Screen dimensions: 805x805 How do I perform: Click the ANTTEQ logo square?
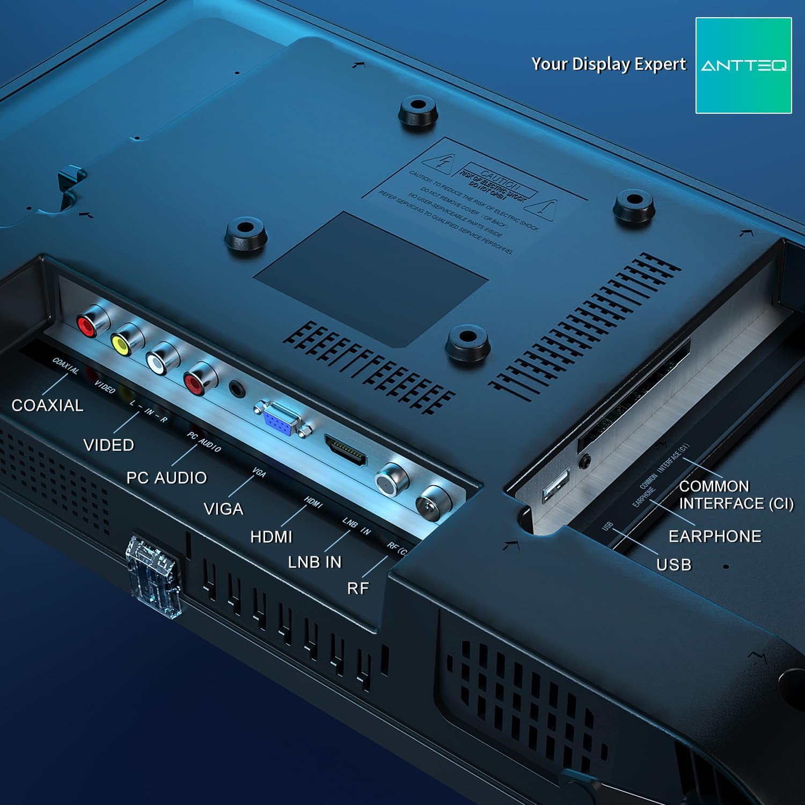743,65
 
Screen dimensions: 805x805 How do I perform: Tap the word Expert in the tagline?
660,64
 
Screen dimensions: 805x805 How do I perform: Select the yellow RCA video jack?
121,344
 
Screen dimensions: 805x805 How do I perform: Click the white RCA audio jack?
157,364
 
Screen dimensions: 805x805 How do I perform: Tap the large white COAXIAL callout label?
47,405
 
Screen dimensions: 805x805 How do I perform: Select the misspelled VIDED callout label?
109,445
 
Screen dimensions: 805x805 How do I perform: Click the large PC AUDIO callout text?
166,478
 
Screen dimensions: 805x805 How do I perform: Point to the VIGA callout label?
223,509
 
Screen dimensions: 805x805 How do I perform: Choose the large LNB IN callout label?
314,562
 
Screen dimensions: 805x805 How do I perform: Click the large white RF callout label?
358,588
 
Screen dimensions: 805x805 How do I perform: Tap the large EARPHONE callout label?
715,536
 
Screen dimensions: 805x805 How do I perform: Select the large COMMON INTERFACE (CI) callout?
736,495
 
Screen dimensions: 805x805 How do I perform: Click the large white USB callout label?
674,565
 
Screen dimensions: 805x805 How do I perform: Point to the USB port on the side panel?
556,486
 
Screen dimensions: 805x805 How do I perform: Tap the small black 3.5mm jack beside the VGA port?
237,388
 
